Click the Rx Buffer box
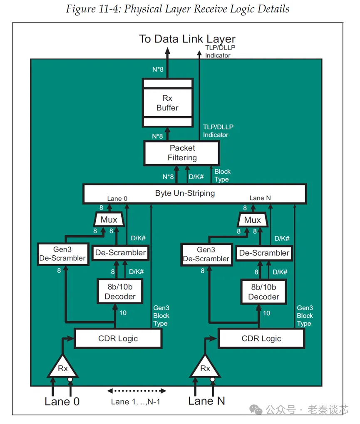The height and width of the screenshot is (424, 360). (167, 103)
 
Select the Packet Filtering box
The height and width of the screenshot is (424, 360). (182, 153)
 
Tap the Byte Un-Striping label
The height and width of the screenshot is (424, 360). (185, 193)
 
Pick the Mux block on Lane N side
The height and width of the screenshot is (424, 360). (252, 220)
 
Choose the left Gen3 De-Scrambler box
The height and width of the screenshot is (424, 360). (62, 253)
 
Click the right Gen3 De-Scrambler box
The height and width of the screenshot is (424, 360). (206, 254)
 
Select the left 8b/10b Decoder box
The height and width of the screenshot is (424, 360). (120, 291)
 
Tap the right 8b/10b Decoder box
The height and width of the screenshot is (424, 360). (263, 292)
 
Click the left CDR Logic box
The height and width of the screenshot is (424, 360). (118, 338)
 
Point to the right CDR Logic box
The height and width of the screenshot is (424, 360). (261, 338)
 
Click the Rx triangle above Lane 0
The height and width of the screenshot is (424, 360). (62, 367)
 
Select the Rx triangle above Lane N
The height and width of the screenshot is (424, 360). (205, 367)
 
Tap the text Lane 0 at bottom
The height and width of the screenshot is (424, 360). (62, 402)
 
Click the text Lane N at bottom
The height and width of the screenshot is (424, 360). (206, 401)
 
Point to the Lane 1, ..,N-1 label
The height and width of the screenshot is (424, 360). (136, 402)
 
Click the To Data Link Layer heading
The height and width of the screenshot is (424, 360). (187, 39)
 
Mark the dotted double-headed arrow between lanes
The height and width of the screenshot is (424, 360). (137, 391)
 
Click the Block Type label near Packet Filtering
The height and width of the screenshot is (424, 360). (222, 175)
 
